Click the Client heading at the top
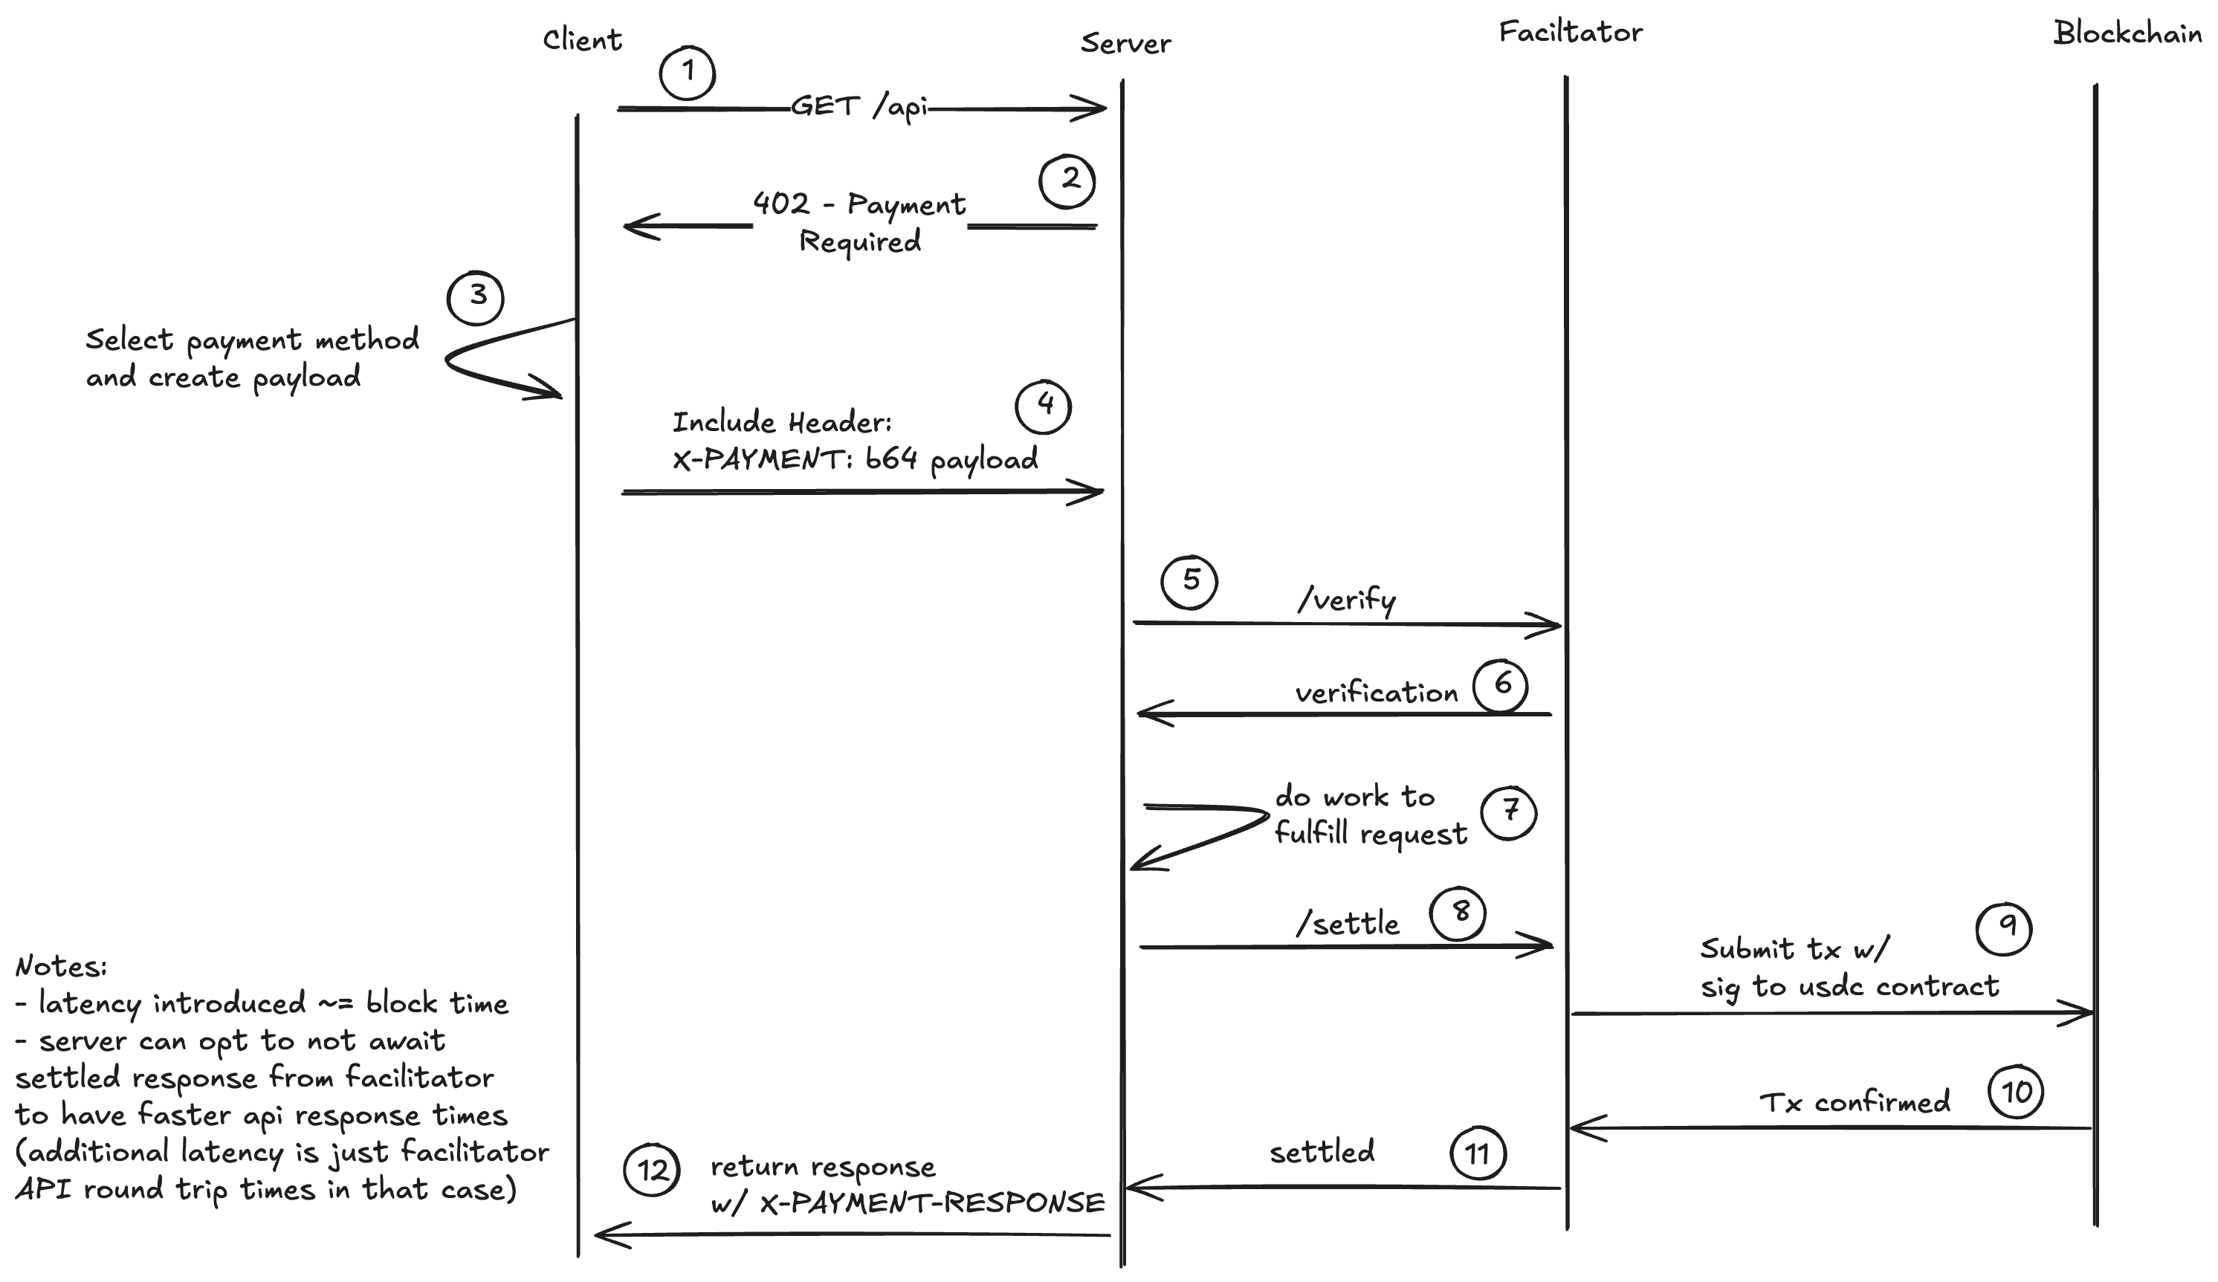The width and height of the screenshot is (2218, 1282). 582,39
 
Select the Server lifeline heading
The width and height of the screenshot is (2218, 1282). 1125,43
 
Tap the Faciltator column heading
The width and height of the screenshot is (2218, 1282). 1570,33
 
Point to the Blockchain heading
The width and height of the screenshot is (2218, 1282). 2127,33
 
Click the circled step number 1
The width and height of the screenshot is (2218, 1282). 688,72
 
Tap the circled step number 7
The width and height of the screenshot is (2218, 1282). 1509,812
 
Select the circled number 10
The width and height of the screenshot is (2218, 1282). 2017,1092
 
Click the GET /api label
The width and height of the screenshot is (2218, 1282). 859,107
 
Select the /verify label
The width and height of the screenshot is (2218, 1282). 1347,600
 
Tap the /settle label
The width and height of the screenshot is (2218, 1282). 1348,924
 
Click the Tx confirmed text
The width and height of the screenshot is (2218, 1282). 1855,1102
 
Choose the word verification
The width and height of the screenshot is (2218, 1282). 1377,693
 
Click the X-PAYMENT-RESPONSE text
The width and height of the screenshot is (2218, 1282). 931,1202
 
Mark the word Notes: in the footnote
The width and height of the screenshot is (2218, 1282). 61,966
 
